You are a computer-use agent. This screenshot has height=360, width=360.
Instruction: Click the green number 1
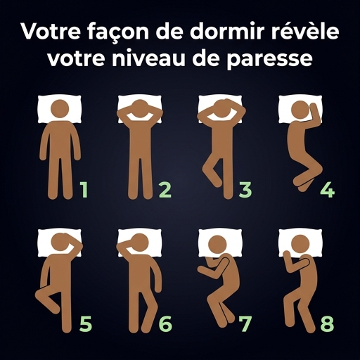tap(84, 190)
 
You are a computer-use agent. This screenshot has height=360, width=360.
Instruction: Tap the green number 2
tap(165, 190)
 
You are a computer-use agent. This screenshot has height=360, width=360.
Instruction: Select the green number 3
tap(245, 190)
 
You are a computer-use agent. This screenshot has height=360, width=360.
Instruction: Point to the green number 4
tap(328, 190)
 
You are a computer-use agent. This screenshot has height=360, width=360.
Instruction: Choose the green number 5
tap(86, 324)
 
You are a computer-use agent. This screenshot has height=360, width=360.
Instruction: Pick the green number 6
tap(165, 324)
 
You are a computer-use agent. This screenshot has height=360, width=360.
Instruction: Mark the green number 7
tap(245, 324)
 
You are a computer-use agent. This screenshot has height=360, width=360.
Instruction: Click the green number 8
tap(327, 324)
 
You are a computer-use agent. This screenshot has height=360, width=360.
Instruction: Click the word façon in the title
tap(118, 32)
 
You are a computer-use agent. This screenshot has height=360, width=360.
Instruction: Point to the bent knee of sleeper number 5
tap(39, 295)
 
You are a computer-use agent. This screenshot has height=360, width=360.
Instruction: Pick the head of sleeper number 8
tap(300, 245)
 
